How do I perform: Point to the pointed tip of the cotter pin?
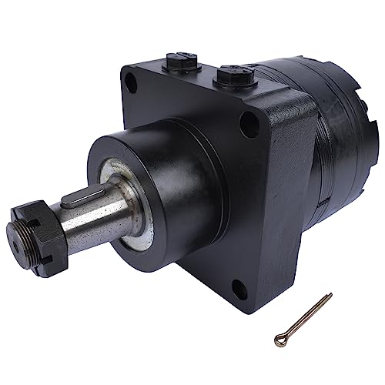coord(330,296)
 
